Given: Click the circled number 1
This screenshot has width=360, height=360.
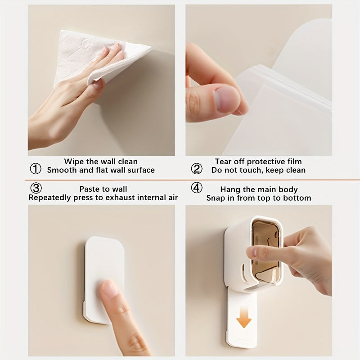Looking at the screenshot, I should (x=36, y=169).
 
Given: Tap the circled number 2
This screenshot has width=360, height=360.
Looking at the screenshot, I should (x=197, y=169).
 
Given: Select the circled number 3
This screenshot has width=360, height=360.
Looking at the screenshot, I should (x=36, y=188).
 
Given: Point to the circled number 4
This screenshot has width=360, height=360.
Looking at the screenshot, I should (x=197, y=188).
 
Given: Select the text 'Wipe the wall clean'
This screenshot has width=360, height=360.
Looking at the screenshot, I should (x=101, y=161).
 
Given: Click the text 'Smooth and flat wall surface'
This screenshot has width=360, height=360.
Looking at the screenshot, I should (x=101, y=170).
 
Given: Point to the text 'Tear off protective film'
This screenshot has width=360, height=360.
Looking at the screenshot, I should (x=258, y=161).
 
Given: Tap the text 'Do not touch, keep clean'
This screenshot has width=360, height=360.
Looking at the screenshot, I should (x=258, y=170).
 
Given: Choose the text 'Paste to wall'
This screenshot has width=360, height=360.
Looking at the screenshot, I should (x=103, y=189).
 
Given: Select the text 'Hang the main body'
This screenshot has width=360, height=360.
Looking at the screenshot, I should (x=259, y=189).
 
